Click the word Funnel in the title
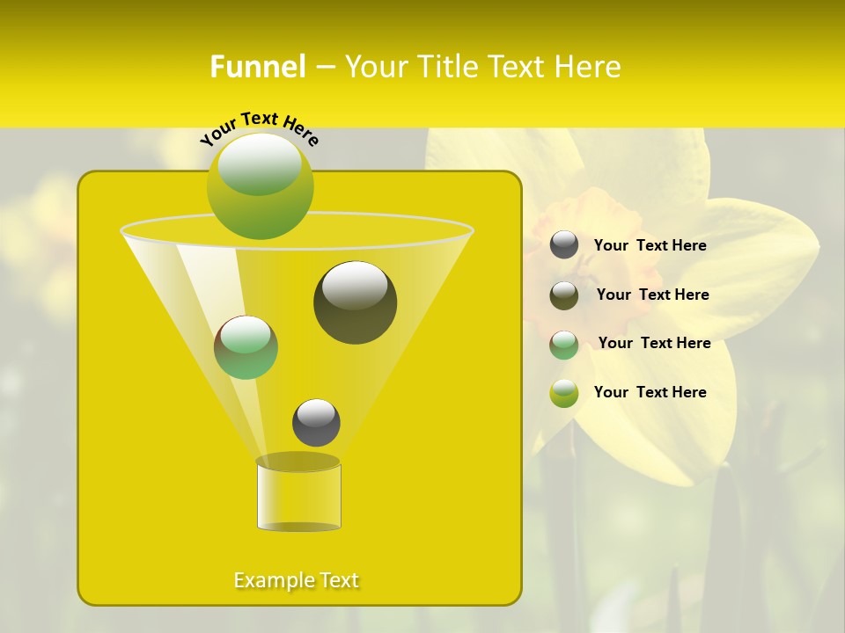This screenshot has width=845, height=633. click(x=258, y=67)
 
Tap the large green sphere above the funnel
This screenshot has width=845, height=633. click(x=261, y=186)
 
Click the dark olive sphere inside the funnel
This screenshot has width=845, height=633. click(x=355, y=302)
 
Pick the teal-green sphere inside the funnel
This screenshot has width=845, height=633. click(x=246, y=347)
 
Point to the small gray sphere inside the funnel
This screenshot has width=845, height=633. click(x=316, y=422)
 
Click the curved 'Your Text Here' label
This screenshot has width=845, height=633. click(x=260, y=127)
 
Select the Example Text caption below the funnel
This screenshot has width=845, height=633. click(x=297, y=580)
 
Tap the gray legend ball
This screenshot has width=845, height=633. click(x=564, y=245)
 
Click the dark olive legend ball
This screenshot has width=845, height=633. click(x=564, y=295)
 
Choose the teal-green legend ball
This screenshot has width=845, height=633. click(x=564, y=345)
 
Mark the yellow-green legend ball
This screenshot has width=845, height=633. click(x=564, y=393)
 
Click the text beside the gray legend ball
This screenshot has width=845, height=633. click(x=650, y=246)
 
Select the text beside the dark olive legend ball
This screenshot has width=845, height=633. click(x=652, y=295)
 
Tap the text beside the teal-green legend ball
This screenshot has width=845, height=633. click(x=654, y=344)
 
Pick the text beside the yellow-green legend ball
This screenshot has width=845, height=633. click(x=650, y=393)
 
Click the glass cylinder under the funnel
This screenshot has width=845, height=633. click(x=298, y=496)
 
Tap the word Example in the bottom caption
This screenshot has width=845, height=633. click(x=272, y=580)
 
